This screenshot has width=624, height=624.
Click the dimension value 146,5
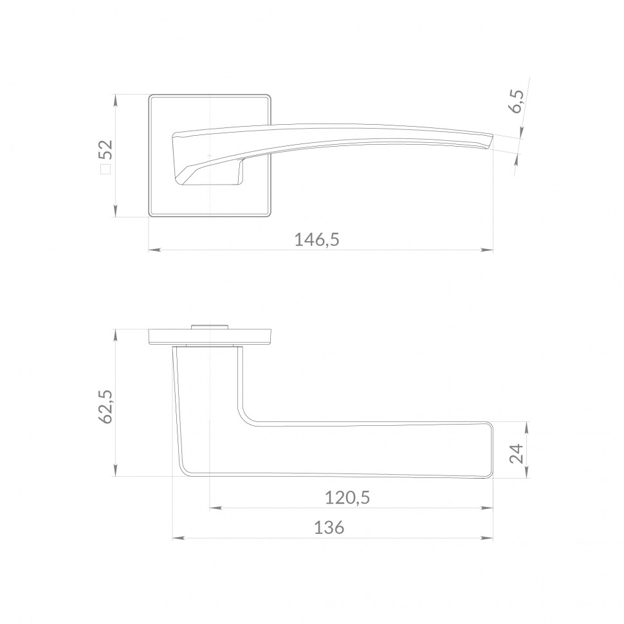[317, 240]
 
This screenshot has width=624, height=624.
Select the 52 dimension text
[107, 150]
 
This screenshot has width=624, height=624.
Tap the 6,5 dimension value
[517, 102]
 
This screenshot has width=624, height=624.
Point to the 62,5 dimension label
[106, 407]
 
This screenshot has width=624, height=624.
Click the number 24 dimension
[517, 454]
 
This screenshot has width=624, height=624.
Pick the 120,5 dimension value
[347, 497]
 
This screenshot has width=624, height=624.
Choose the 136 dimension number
[329, 528]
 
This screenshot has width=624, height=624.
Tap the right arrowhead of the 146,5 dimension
[487, 250]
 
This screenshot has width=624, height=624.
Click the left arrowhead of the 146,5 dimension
[155, 250]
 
